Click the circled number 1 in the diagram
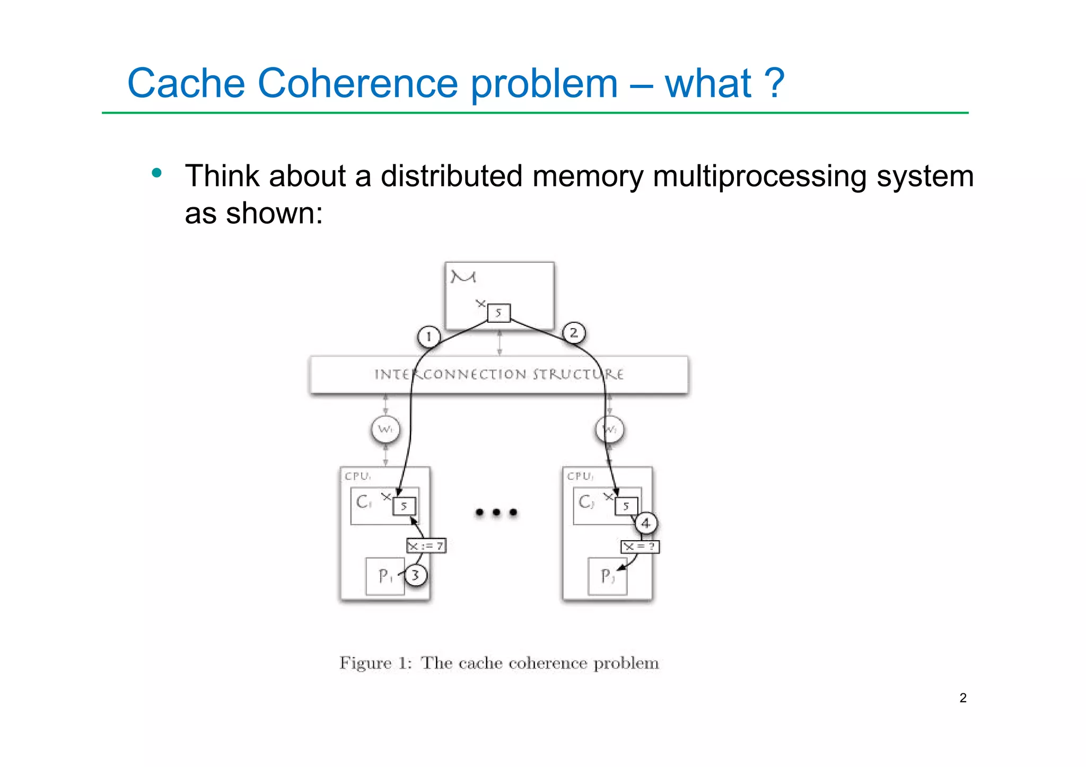click(428, 337)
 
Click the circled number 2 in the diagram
click(573, 333)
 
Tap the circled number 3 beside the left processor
click(415, 575)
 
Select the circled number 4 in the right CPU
click(645, 524)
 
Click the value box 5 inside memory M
click(498, 313)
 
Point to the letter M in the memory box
click(463, 277)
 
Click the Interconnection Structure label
click(498, 374)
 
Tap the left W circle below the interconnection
click(385, 429)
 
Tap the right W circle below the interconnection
click(610, 429)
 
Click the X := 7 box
click(426, 545)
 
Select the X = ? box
click(640, 546)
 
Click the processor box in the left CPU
click(385, 576)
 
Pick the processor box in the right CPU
click(607, 576)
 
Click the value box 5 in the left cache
click(404, 506)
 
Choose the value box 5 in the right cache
click(626, 506)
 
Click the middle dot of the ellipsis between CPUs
click(496, 512)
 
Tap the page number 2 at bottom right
click(963, 698)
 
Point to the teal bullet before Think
click(156, 173)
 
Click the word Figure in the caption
click(365, 663)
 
